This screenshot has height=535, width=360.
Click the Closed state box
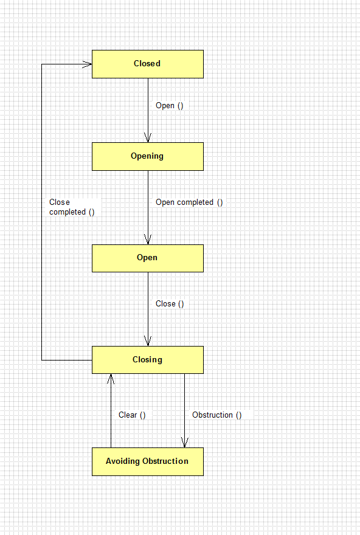pyautogui.click(x=148, y=64)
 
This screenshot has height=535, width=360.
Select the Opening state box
pyautogui.click(x=148, y=157)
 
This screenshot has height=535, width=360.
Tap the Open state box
pyautogui.click(x=148, y=258)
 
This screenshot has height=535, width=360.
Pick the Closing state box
pyautogui.click(x=148, y=360)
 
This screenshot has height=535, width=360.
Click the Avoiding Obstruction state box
pyautogui.click(x=148, y=461)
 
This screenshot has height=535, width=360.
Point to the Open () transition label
pyautogui.click(x=170, y=106)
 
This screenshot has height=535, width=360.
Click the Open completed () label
pyautogui.click(x=189, y=202)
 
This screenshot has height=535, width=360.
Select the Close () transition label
pyautogui.click(x=170, y=304)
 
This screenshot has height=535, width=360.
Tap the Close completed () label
pyautogui.click(x=72, y=207)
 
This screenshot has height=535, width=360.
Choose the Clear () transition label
pyautogui.click(x=132, y=415)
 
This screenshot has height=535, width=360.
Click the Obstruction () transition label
pyautogui.click(x=216, y=415)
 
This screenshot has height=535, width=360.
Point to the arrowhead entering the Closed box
pyautogui.click(x=88, y=64)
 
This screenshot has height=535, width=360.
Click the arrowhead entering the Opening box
pyautogui.click(x=148, y=138)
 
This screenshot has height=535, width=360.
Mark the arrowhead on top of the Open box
pyautogui.click(x=148, y=240)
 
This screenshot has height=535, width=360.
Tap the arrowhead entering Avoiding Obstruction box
pyautogui.click(x=185, y=443)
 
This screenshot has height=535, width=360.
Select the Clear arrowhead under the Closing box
pyautogui.click(x=111, y=378)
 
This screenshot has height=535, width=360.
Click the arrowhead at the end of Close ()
pyautogui.click(x=148, y=341)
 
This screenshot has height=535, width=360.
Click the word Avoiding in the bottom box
pyautogui.click(x=123, y=461)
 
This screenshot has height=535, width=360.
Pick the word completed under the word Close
pyautogui.click(x=67, y=212)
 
